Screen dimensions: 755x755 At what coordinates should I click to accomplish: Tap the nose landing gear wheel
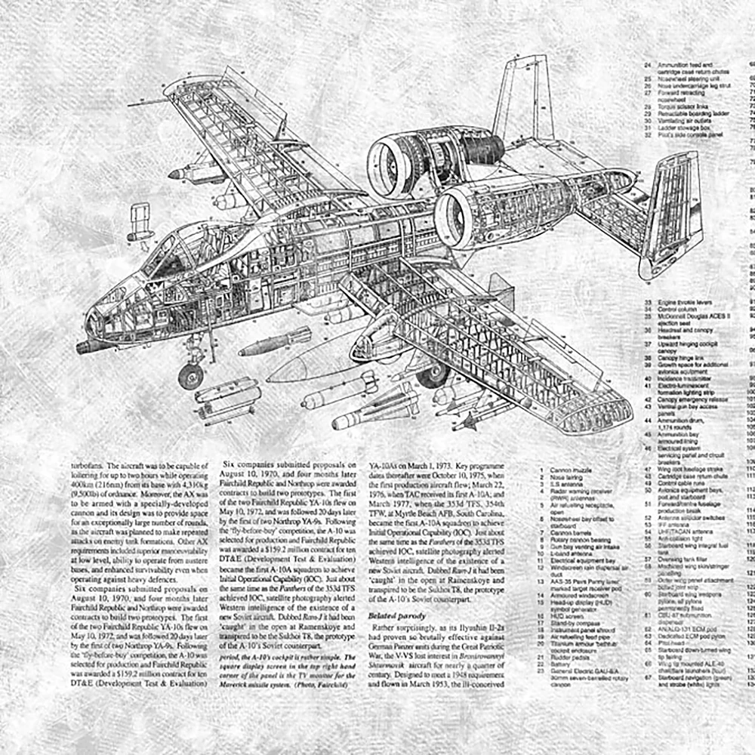point(191,375)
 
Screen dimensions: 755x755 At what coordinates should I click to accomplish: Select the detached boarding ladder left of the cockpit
point(140,221)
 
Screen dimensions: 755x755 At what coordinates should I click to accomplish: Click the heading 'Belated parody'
point(397,616)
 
